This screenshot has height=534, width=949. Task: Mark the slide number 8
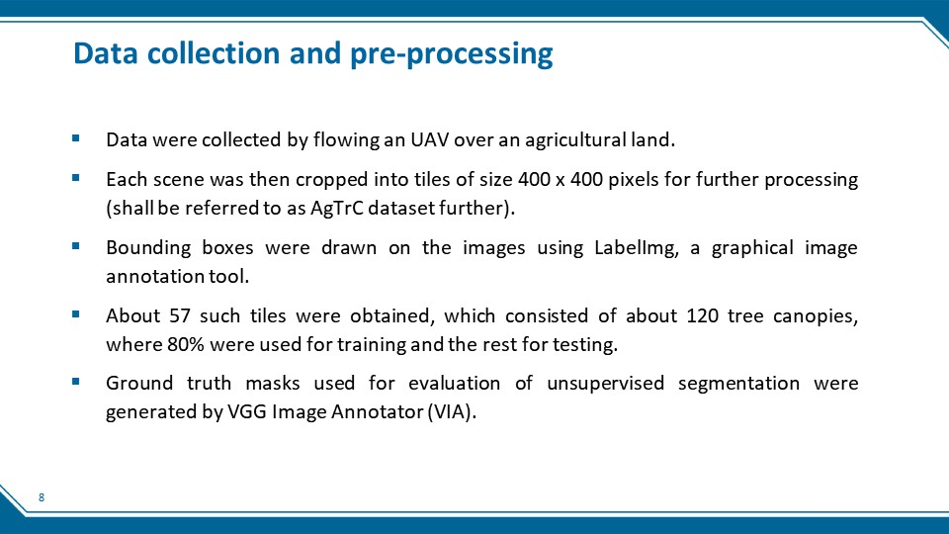point(42,497)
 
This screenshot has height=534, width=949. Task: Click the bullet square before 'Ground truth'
point(76,382)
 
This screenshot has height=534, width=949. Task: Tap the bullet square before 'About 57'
point(76,314)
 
